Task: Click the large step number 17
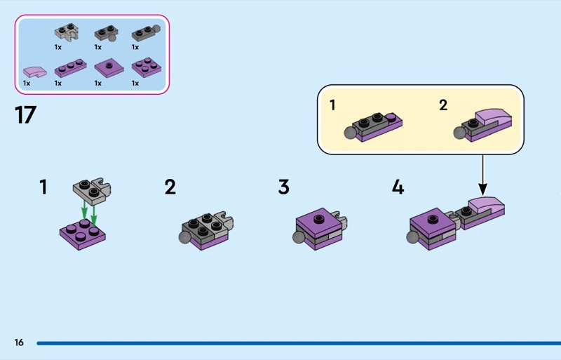25,114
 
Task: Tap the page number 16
19,342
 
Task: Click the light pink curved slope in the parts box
34,72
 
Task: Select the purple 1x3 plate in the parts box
71,68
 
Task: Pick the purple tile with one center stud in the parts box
109,67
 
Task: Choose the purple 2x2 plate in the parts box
147,67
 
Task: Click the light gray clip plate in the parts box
67,32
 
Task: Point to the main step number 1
43,187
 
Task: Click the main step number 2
170,187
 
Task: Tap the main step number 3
284,187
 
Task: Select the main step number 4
398,187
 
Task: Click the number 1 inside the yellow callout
332,105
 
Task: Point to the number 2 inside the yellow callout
443,105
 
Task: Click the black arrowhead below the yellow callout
482,189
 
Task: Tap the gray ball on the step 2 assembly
185,237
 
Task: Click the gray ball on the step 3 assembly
299,237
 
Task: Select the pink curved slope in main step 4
486,204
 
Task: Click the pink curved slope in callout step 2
493,117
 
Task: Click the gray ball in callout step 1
350,133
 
